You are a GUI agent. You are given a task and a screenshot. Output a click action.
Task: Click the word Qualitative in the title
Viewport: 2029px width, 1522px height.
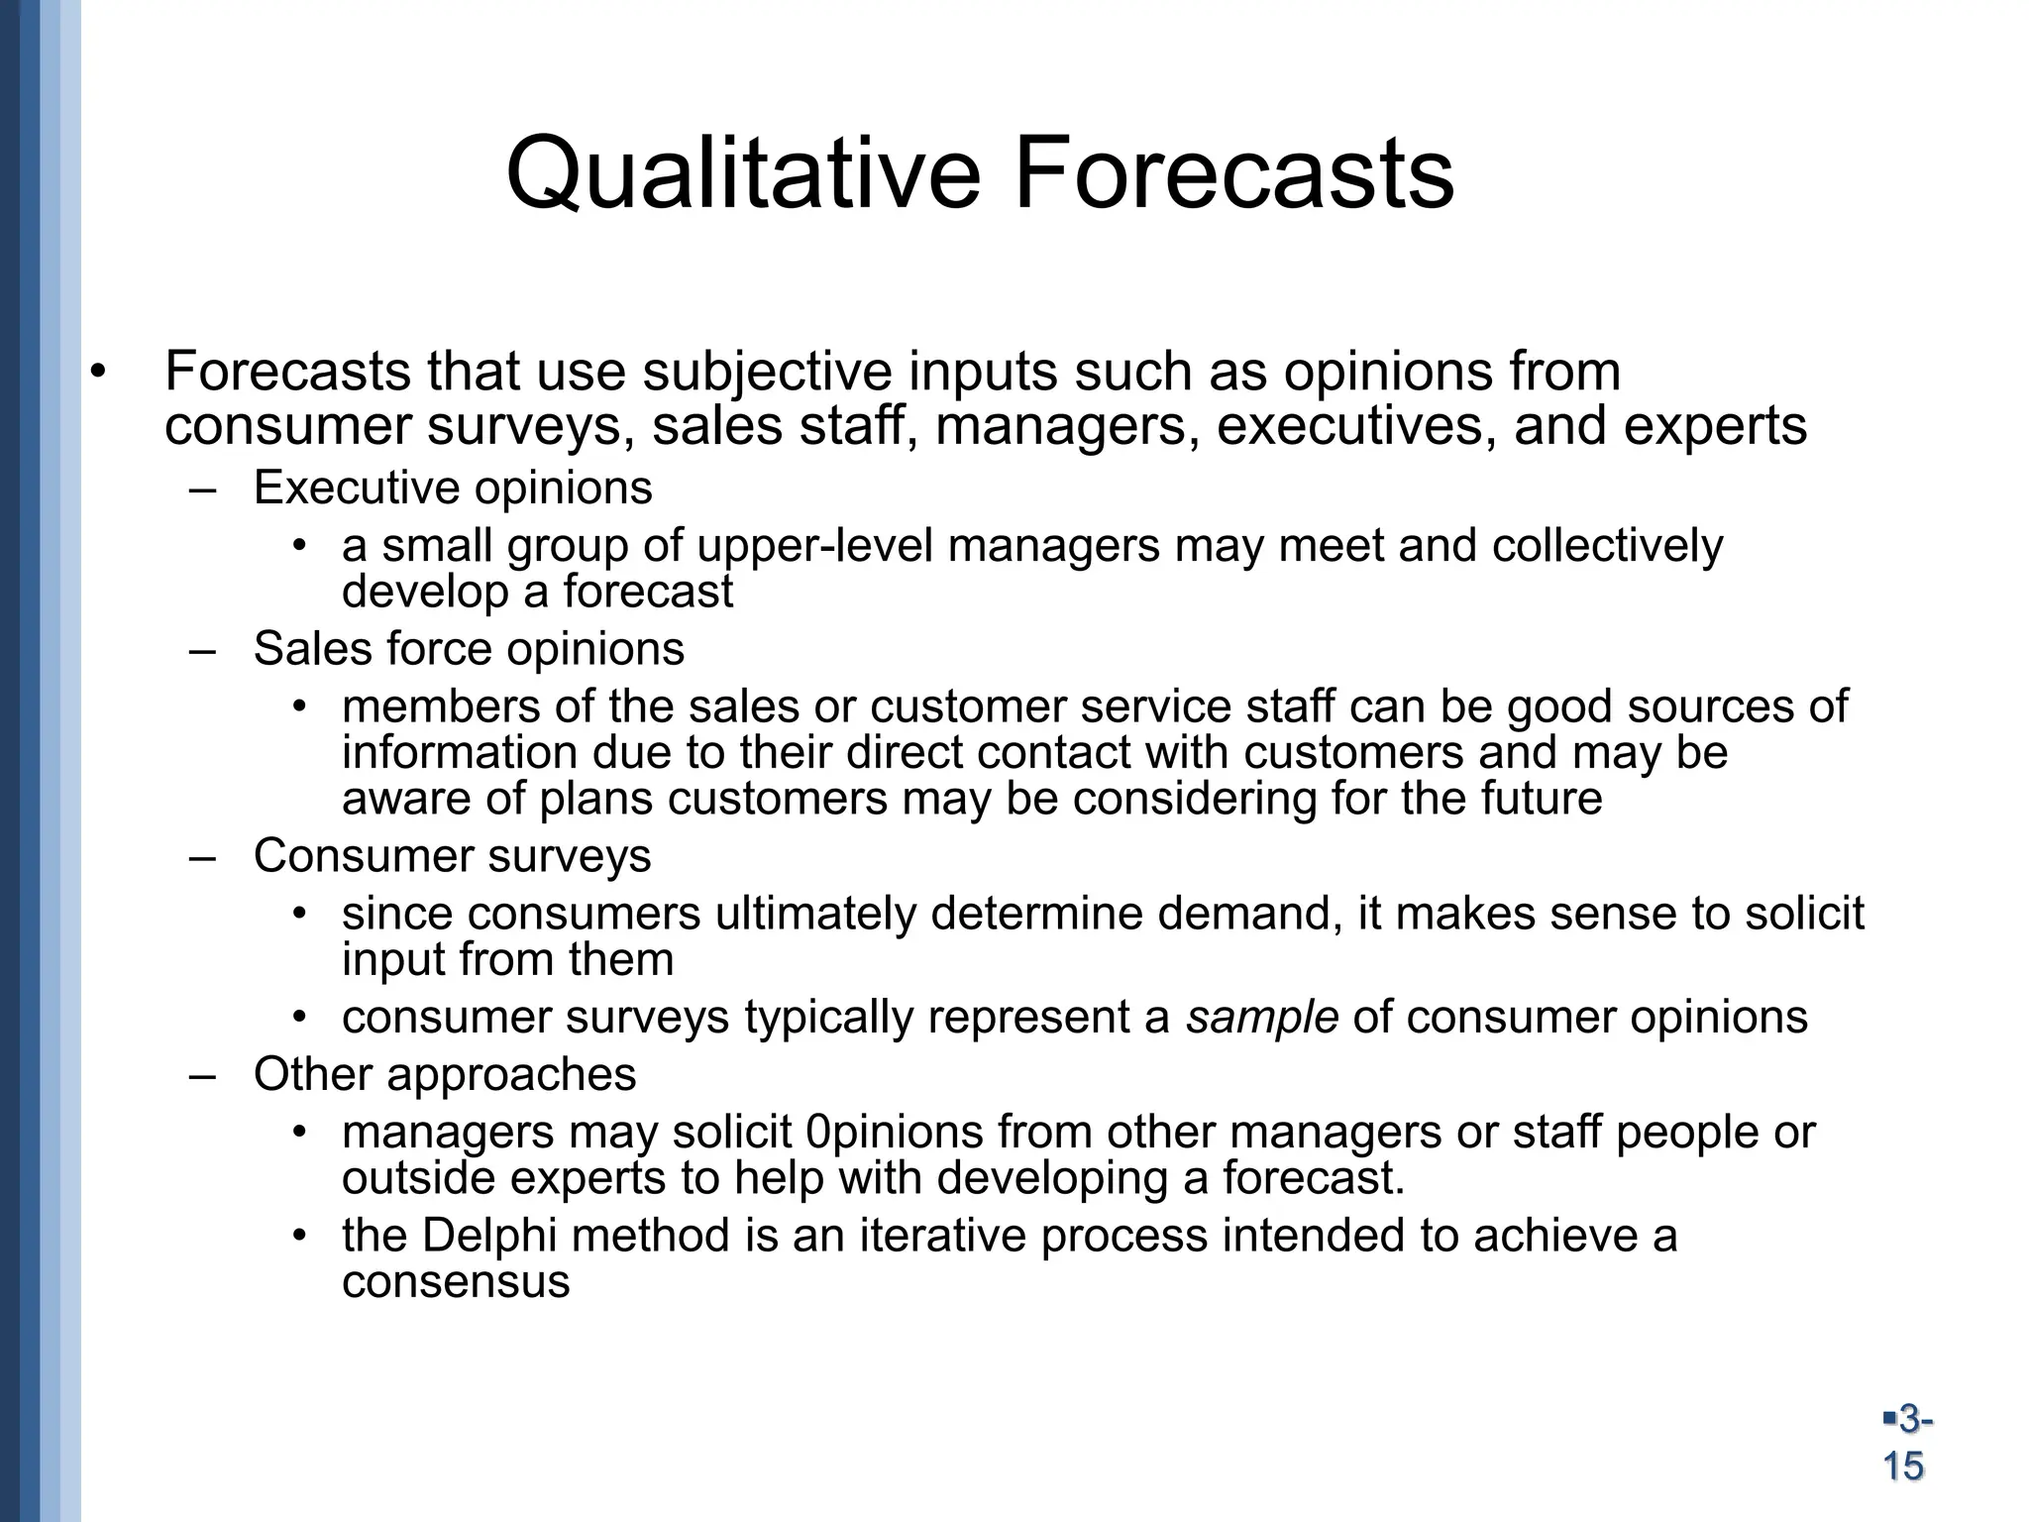click(x=743, y=176)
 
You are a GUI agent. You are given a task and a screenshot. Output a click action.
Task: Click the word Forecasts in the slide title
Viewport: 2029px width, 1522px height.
click(x=1233, y=176)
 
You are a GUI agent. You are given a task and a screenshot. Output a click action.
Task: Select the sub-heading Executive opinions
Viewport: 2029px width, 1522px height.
click(x=453, y=489)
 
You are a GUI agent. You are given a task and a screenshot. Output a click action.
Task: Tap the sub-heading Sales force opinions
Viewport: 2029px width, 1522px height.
click(x=469, y=649)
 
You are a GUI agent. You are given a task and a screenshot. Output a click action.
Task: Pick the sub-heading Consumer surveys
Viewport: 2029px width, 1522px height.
click(x=452, y=856)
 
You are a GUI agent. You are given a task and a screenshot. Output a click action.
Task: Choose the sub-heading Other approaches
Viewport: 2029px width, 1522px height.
click(x=445, y=1074)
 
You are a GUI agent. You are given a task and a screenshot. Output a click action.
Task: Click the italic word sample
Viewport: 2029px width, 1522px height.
click(x=1262, y=1018)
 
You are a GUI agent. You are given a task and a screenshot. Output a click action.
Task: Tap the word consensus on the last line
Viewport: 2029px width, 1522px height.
click(x=456, y=1282)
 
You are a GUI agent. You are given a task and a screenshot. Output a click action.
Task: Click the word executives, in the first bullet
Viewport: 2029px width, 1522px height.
click(x=1356, y=427)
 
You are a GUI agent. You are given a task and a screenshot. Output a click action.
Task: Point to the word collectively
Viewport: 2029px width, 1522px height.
click(x=1607, y=546)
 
